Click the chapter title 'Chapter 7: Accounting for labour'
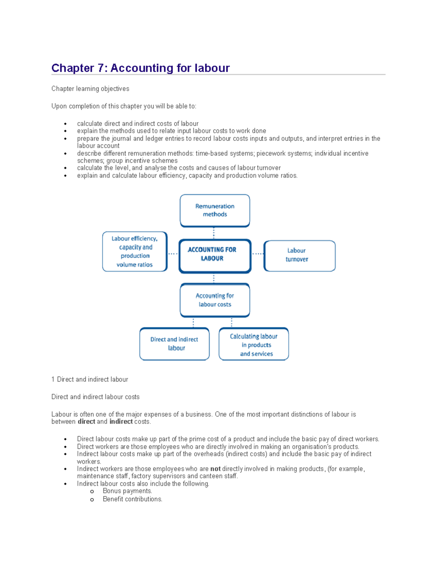coord(141,68)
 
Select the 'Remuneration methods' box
coord(215,210)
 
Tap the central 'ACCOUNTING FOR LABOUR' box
coord(215,256)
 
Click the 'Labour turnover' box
coord(299,255)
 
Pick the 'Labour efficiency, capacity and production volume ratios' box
coord(135,251)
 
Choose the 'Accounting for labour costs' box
coord(215,300)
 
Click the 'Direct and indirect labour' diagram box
coord(174,344)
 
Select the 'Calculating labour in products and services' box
coord(254,344)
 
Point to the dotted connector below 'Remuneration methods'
coord(214,233)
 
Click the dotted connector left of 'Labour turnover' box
coord(257,254)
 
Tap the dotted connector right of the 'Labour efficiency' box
coord(173,254)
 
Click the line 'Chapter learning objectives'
coord(90,89)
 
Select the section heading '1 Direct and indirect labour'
coord(90,379)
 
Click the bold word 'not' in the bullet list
coord(215,469)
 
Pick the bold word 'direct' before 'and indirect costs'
coord(86,422)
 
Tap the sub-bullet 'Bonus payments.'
coord(127,491)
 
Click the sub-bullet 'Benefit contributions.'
coord(132,499)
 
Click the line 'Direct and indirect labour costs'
coord(95,397)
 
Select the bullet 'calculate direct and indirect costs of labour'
coord(138,124)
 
